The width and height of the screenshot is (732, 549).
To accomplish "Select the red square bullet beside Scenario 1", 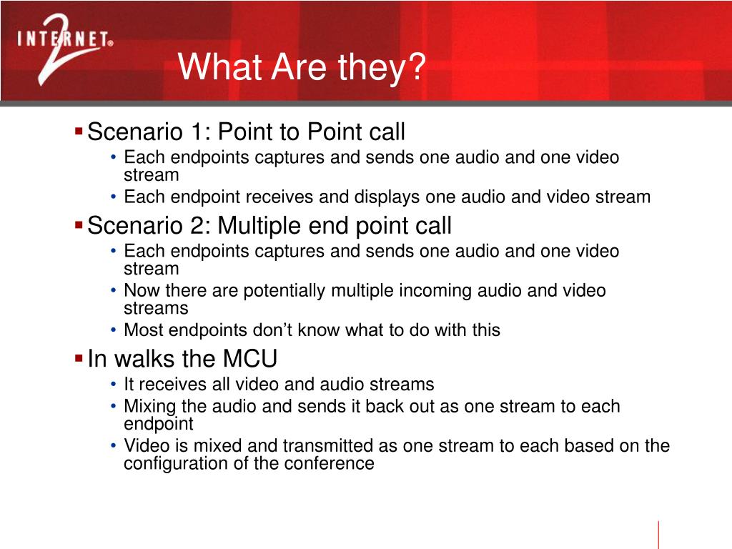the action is click(79, 131).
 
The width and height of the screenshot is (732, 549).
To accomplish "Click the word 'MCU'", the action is click(249, 359).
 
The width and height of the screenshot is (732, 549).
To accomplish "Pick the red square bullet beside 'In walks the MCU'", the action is click(79, 359).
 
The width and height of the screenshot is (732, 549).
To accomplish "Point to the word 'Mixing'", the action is click(150, 407).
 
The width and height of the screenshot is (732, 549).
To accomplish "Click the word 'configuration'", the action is click(169, 463).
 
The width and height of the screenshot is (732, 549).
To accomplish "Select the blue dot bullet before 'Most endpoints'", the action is click(114, 330).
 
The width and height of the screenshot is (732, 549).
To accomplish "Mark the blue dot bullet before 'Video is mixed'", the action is click(114, 446).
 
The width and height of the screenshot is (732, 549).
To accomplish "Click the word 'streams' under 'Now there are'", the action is click(156, 309).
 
